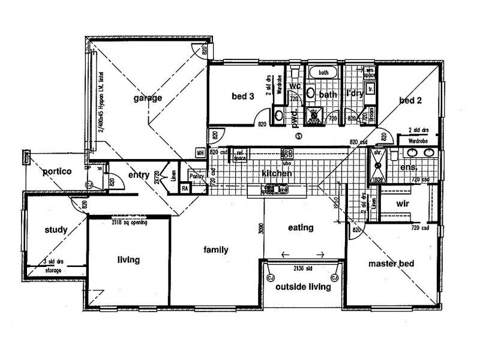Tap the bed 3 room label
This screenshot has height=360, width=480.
point(243,97)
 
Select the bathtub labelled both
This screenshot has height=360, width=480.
point(324,73)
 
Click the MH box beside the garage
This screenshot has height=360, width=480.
point(200,153)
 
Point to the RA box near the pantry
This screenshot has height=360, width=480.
point(186,188)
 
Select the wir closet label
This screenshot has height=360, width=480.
point(403,203)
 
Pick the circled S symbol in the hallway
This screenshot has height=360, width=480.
point(298,136)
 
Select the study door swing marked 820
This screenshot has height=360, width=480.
point(78,207)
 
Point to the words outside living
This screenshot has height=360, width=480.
point(302,287)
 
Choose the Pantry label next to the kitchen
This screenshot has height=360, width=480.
point(196,176)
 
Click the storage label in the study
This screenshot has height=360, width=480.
point(53,271)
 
